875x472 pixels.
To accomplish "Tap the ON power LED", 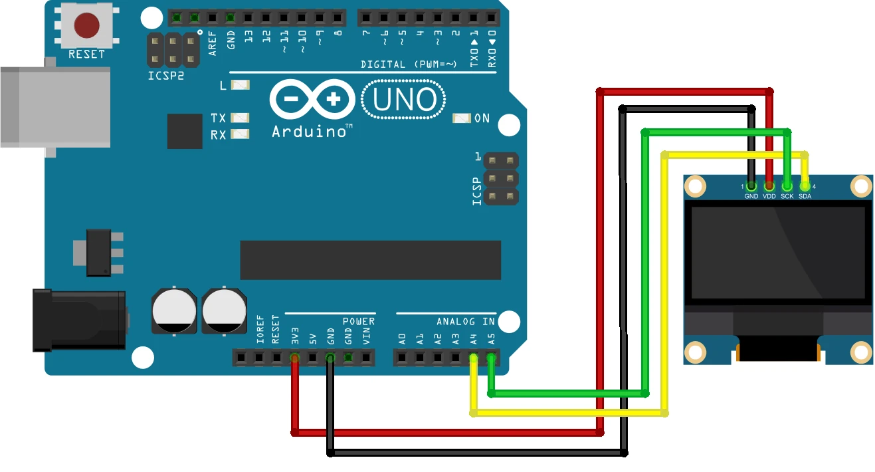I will tap(462, 118).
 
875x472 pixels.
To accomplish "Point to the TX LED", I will tap(240, 118).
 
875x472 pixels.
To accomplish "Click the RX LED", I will tap(240, 134).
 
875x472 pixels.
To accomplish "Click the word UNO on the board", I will tap(404, 100).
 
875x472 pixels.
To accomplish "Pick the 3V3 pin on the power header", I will tap(294, 358).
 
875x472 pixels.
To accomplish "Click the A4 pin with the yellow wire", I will tap(474, 358).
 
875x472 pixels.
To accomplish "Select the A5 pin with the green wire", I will tap(491, 358).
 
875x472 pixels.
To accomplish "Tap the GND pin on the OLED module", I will tap(751, 186).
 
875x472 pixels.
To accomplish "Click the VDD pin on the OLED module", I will tap(769, 186).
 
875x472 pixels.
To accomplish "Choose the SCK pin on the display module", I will tap(787, 186).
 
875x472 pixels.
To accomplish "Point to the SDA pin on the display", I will tap(805, 186).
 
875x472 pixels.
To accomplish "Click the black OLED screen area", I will tap(778, 252).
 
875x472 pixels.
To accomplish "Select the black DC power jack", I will tap(80, 320).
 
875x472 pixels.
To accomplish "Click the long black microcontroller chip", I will tap(370, 260).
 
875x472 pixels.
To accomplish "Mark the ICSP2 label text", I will tap(165, 76).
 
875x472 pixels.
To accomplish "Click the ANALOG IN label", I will tap(466, 322).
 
